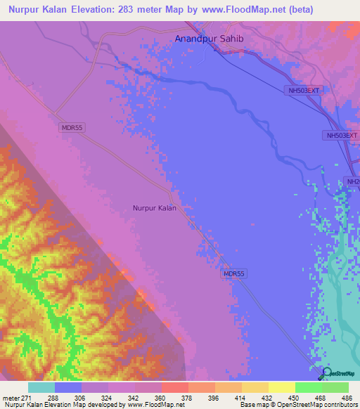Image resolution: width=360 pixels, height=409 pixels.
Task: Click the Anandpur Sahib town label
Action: [209, 39]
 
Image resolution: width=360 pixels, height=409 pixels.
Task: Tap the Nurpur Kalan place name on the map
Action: [154, 208]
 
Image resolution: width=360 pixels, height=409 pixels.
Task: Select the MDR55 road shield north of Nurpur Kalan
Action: [72, 127]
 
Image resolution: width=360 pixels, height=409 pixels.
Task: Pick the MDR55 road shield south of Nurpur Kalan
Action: [235, 273]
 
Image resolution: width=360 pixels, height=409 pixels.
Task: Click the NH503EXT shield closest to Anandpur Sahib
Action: [303, 91]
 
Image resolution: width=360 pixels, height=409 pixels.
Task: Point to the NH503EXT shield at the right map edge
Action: [342, 135]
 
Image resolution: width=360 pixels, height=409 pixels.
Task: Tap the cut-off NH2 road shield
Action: [352, 181]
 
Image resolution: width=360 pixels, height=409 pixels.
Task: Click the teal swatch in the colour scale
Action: [41, 387]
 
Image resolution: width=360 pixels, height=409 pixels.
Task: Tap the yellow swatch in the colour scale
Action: [282, 387]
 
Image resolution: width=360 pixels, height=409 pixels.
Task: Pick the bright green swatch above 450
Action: [309, 387]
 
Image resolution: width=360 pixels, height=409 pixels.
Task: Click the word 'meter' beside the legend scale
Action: [11, 397]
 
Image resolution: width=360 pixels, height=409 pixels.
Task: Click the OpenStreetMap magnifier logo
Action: [325, 373]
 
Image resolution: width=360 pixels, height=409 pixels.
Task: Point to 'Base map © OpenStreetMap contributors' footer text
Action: [297, 405]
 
